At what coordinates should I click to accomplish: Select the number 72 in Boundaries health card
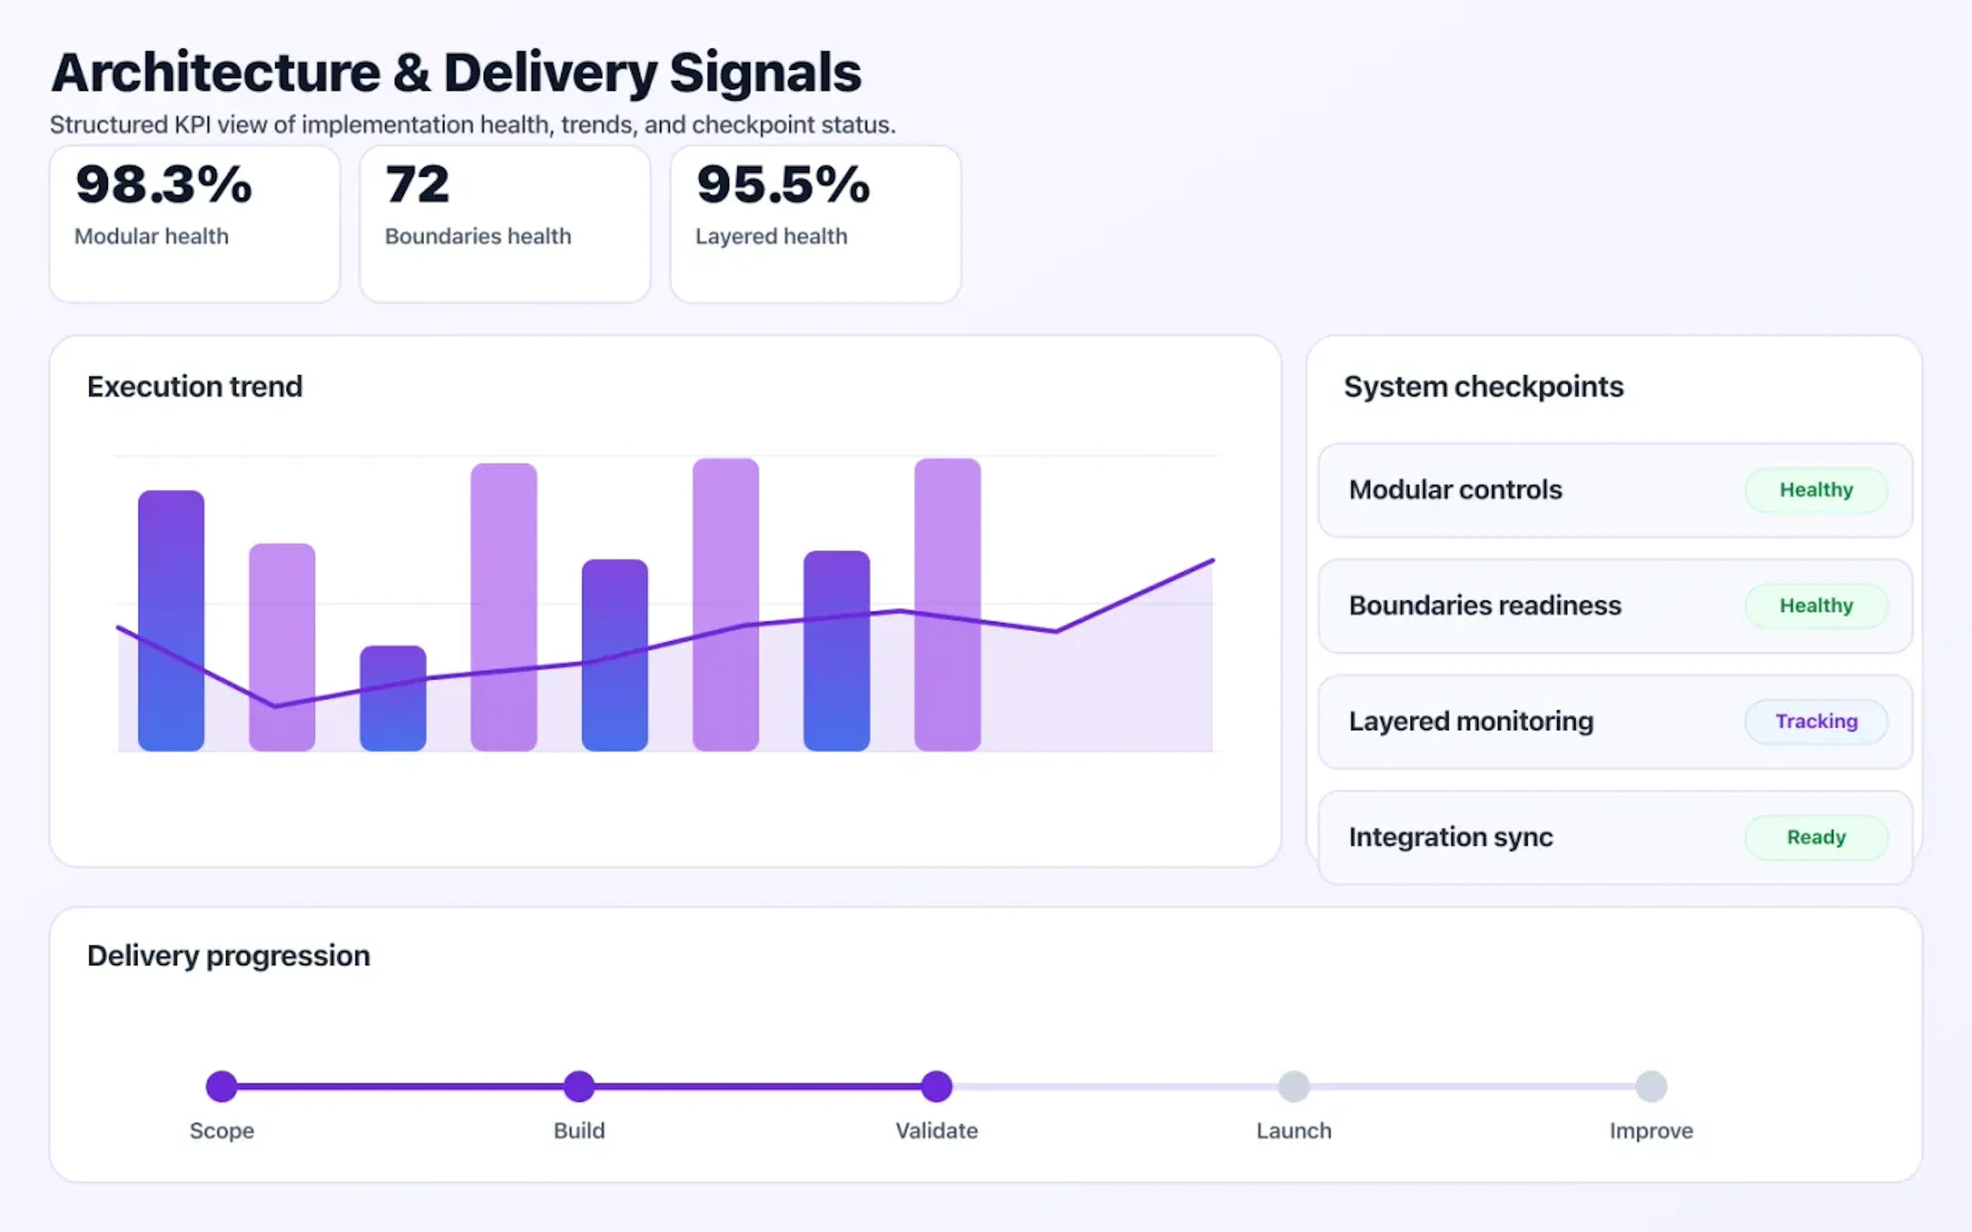coord(417,184)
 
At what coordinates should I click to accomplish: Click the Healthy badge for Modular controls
coord(1815,490)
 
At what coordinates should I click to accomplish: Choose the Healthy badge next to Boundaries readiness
coord(1815,605)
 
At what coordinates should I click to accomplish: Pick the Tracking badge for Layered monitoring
coord(1815,721)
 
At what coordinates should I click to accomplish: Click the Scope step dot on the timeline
coord(222,1086)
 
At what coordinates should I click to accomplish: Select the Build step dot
coord(579,1086)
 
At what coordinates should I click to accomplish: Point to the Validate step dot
coord(936,1086)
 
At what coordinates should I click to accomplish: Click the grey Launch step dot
coord(1293,1086)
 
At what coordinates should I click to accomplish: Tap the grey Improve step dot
coord(1651,1086)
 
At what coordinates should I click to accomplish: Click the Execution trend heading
coord(195,386)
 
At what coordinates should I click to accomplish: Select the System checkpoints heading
coord(1483,386)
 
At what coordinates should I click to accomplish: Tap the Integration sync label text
coord(1450,837)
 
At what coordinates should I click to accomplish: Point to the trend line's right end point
coord(1212,561)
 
